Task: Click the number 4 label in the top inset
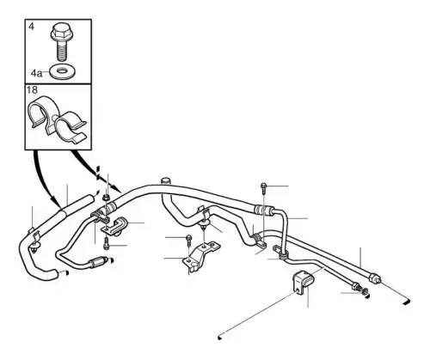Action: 32,27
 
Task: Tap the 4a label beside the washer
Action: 36,74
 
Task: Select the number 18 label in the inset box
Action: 32,90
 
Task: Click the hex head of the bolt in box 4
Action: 60,34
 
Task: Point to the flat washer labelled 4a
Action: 61,71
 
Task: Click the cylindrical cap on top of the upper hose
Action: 165,181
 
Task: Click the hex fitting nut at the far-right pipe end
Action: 375,278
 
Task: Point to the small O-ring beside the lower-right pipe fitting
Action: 365,292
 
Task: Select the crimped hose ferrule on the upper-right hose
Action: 263,210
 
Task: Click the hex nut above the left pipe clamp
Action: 107,198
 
